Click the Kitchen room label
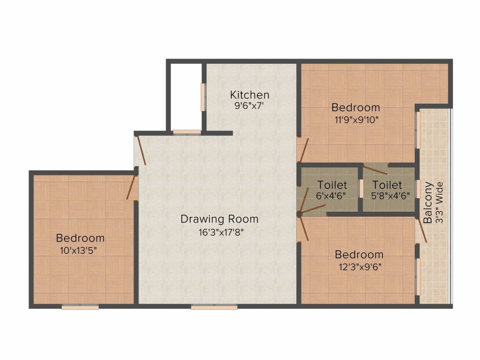[x=249, y=95]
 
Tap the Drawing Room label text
[x=219, y=219]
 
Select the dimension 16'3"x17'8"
[x=220, y=232]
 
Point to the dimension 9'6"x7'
[x=250, y=106]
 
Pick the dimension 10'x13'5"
[x=80, y=250]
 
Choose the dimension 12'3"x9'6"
[x=359, y=267]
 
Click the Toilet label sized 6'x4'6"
[x=332, y=185]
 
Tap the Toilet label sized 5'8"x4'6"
[x=387, y=185]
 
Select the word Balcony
[x=427, y=202]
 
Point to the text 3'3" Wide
[x=439, y=202]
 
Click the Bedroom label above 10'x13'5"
[x=80, y=238]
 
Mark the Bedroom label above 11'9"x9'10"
[x=355, y=107]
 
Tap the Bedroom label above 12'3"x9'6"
[x=359, y=255]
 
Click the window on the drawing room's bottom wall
[x=214, y=307]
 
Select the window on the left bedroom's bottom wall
[x=80, y=307]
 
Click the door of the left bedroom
[x=132, y=187]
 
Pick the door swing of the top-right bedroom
[x=303, y=150]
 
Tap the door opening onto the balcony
[x=422, y=230]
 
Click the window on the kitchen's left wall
[x=203, y=97]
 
